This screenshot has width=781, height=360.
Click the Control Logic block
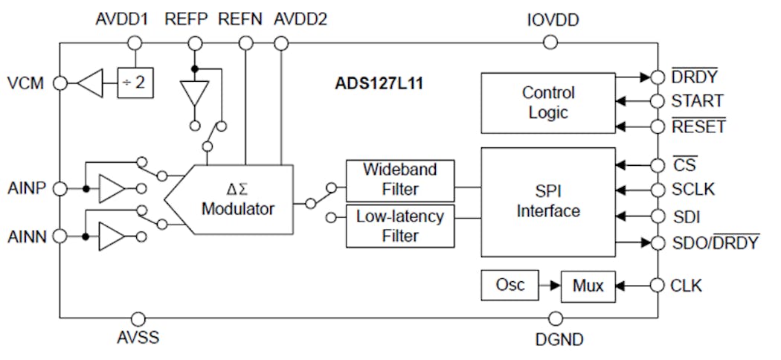pyautogui.click(x=547, y=103)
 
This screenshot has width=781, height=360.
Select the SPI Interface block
pyautogui.click(x=547, y=201)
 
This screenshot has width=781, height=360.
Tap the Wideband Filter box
pyautogui.click(x=400, y=179)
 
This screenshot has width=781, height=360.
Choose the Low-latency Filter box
pyautogui.click(x=400, y=226)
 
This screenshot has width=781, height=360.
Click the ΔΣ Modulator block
pyautogui.click(x=237, y=199)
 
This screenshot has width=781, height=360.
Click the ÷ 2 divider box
pyautogui.click(x=135, y=83)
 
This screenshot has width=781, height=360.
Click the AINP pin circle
pyautogui.click(x=60, y=188)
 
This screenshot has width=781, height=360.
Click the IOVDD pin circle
pyautogui.click(x=550, y=42)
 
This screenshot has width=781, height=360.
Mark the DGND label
pyautogui.click(x=559, y=340)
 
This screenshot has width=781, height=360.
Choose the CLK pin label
pyautogui.click(x=686, y=286)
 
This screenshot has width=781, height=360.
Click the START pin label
pyautogui.click(x=697, y=100)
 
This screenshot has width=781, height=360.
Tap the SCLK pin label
pyautogui.click(x=692, y=189)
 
